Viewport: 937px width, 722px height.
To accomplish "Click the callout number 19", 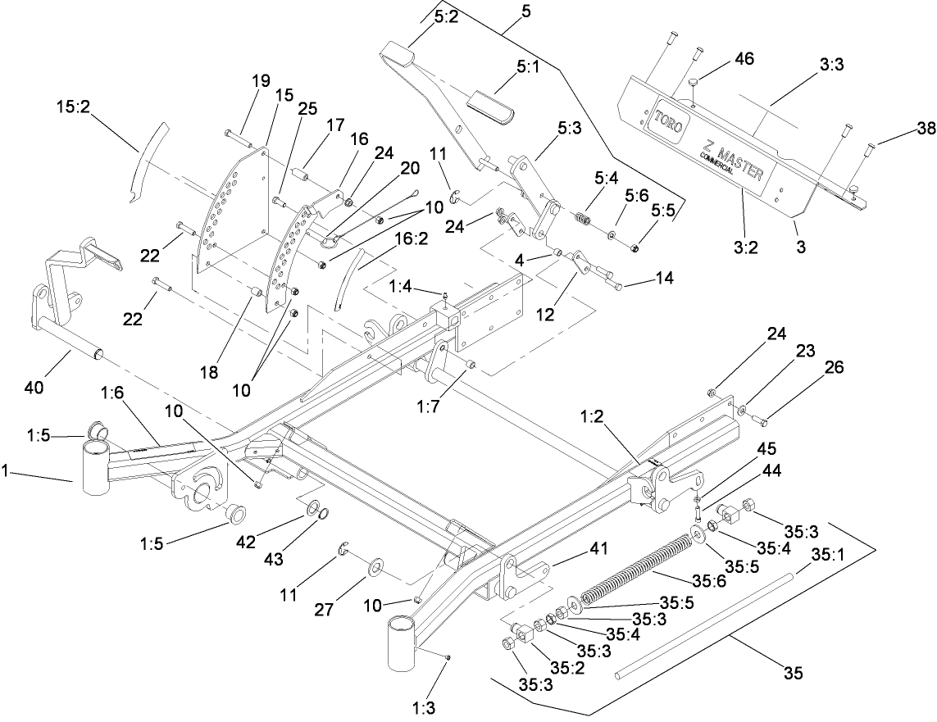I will [260, 81].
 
